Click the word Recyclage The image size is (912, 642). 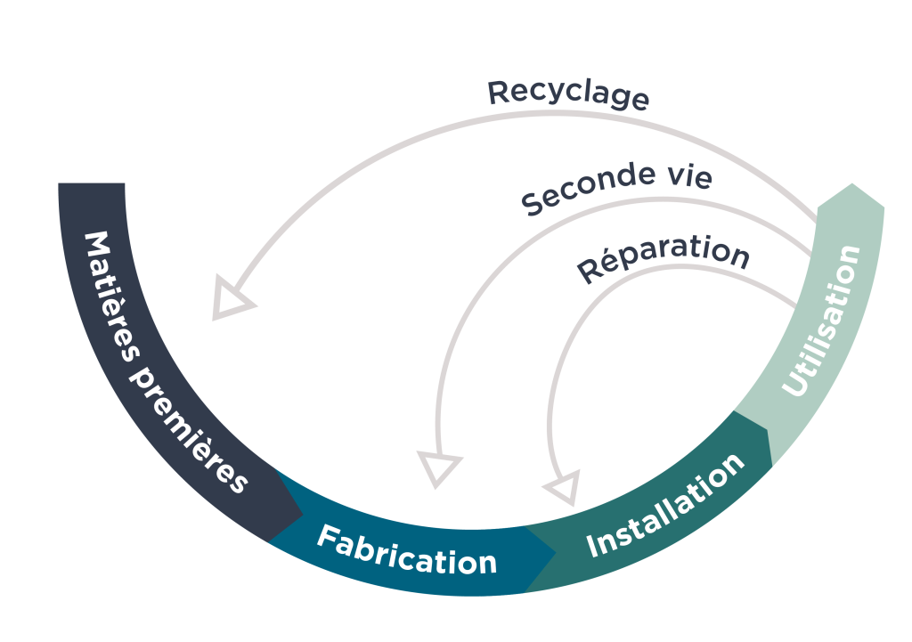568,93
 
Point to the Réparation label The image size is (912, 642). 664,256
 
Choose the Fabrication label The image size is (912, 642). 406,550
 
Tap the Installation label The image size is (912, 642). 666,505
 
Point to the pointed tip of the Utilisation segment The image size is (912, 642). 853,185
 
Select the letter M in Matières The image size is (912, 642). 95,245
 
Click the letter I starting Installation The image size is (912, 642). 593,544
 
